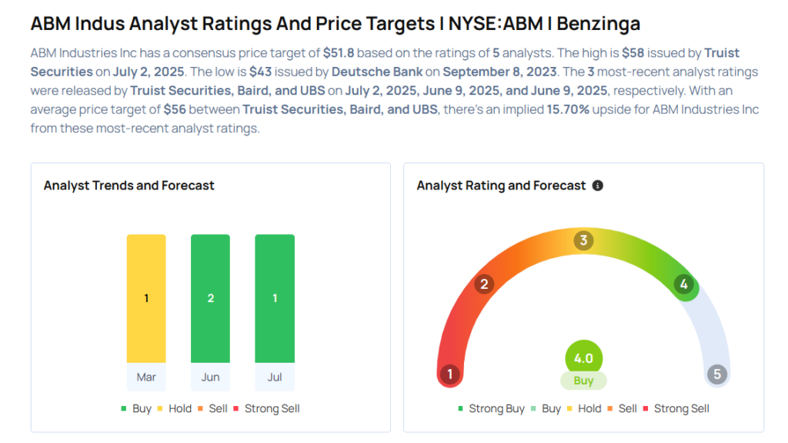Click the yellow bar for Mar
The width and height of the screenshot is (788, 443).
point(146,298)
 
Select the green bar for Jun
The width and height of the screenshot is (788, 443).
point(210,298)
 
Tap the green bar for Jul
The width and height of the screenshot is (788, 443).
point(275,298)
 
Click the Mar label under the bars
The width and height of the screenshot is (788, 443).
point(146,377)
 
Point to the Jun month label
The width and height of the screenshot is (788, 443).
point(210,377)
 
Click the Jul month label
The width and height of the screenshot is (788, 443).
point(275,377)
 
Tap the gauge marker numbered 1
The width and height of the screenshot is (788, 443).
point(449,375)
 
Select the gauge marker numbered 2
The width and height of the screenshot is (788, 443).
point(484,284)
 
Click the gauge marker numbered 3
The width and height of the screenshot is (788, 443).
point(583,241)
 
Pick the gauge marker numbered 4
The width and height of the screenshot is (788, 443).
point(683,284)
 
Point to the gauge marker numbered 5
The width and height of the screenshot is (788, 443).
point(717,375)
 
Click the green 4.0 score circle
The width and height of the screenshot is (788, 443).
point(583,358)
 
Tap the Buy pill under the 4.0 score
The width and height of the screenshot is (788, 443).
point(583,381)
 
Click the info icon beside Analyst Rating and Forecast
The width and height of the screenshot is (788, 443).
point(598,186)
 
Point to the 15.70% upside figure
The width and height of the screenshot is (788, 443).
point(568,109)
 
